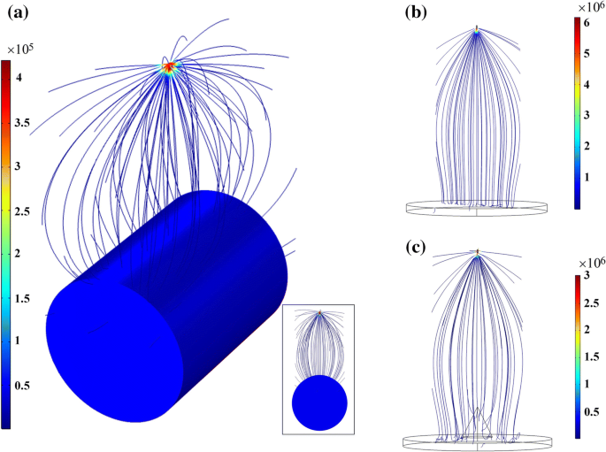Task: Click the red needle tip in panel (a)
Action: pyautogui.click(x=169, y=66)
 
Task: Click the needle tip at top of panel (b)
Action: pyautogui.click(x=477, y=29)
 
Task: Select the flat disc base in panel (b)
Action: pyautogui.click(x=477, y=209)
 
